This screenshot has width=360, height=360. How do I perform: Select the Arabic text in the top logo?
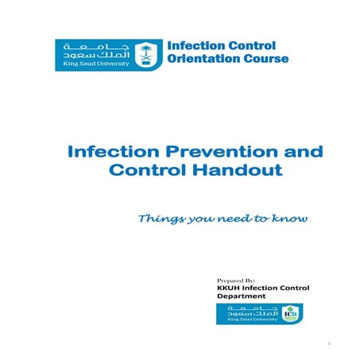(x=89, y=50)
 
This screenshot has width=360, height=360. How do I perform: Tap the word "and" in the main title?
(x=282, y=151)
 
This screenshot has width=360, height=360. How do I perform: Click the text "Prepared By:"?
(x=234, y=281)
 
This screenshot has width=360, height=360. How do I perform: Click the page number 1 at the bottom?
(x=327, y=343)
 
